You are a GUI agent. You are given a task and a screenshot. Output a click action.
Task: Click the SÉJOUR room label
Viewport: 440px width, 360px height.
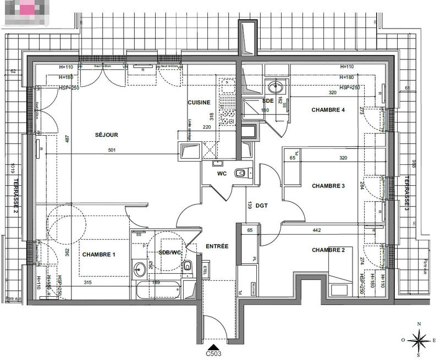tap(106, 135)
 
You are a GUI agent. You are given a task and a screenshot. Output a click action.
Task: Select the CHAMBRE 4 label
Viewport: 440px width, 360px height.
tap(328, 110)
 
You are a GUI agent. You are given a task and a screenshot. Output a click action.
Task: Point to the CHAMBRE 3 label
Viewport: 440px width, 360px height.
tap(328, 186)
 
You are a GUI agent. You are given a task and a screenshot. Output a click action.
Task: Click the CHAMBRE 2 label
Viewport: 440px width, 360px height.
tap(328, 250)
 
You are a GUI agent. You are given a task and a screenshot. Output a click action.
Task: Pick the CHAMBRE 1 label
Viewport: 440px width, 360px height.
tap(99, 254)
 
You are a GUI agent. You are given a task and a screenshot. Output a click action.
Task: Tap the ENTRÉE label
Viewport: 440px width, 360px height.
tap(217, 246)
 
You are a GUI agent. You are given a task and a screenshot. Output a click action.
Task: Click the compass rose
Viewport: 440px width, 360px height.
tap(419, 339)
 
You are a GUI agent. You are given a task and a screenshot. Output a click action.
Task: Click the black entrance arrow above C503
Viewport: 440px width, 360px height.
tap(215, 347)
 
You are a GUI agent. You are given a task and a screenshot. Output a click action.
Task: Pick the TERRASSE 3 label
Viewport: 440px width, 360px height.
tap(407, 193)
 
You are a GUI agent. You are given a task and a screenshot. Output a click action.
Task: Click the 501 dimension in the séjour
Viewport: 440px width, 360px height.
tap(112, 150)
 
